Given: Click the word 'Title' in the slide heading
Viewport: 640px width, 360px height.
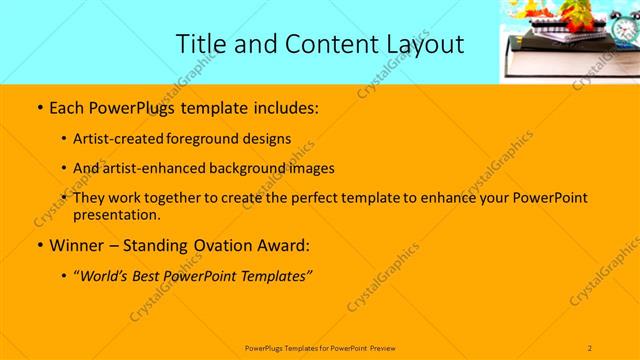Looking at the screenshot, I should click(x=201, y=43).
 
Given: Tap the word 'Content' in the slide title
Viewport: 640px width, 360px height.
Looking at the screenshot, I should click(x=322, y=43).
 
